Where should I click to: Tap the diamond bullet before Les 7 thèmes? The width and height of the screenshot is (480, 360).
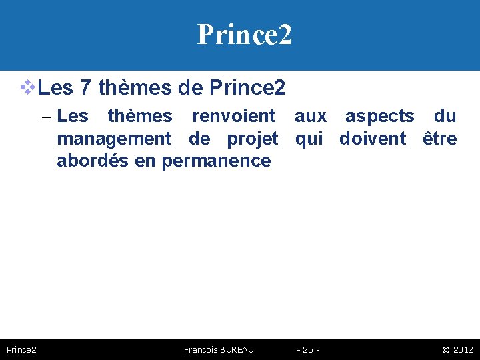click(x=27, y=87)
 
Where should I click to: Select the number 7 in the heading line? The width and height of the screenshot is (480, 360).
click(x=85, y=87)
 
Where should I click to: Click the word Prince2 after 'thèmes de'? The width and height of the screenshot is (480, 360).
click(x=247, y=87)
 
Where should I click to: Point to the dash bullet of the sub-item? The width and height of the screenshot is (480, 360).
click(x=45, y=117)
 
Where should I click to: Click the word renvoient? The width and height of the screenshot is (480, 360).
click(x=233, y=116)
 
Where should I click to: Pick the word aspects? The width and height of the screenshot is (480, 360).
click(x=379, y=116)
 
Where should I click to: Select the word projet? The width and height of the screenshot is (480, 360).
click(x=253, y=139)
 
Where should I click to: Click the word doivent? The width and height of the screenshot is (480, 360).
click(x=373, y=139)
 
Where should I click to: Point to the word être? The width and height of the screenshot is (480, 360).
click(x=440, y=139)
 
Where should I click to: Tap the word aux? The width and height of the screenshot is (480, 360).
click(x=311, y=116)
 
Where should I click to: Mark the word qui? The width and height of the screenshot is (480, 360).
click(x=309, y=139)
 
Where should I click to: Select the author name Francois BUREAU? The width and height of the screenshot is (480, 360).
click(x=218, y=349)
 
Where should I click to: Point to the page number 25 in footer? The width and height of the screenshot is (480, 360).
click(x=308, y=349)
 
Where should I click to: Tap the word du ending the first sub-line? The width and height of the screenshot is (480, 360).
click(x=445, y=116)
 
